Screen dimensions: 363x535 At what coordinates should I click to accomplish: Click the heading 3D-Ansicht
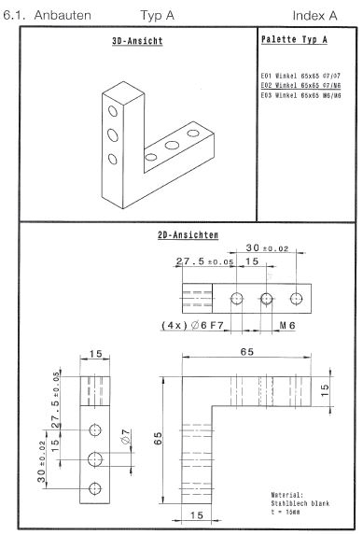(137, 41)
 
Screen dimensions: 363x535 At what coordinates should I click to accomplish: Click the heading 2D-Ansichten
(188, 234)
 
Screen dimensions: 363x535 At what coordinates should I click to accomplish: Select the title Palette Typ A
(294, 39)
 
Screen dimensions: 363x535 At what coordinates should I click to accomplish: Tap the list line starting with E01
(300, 76)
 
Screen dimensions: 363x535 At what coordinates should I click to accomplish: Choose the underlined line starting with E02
(300, 85)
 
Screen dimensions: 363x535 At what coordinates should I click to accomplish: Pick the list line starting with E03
(300, 95)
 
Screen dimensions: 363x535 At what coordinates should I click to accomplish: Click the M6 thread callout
(287, 326)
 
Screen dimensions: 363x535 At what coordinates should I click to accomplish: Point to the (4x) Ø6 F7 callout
(192, 325)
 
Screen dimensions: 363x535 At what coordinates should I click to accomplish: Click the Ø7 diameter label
(126, 436)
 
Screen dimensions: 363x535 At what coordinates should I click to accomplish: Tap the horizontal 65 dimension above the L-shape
(247, 351)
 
